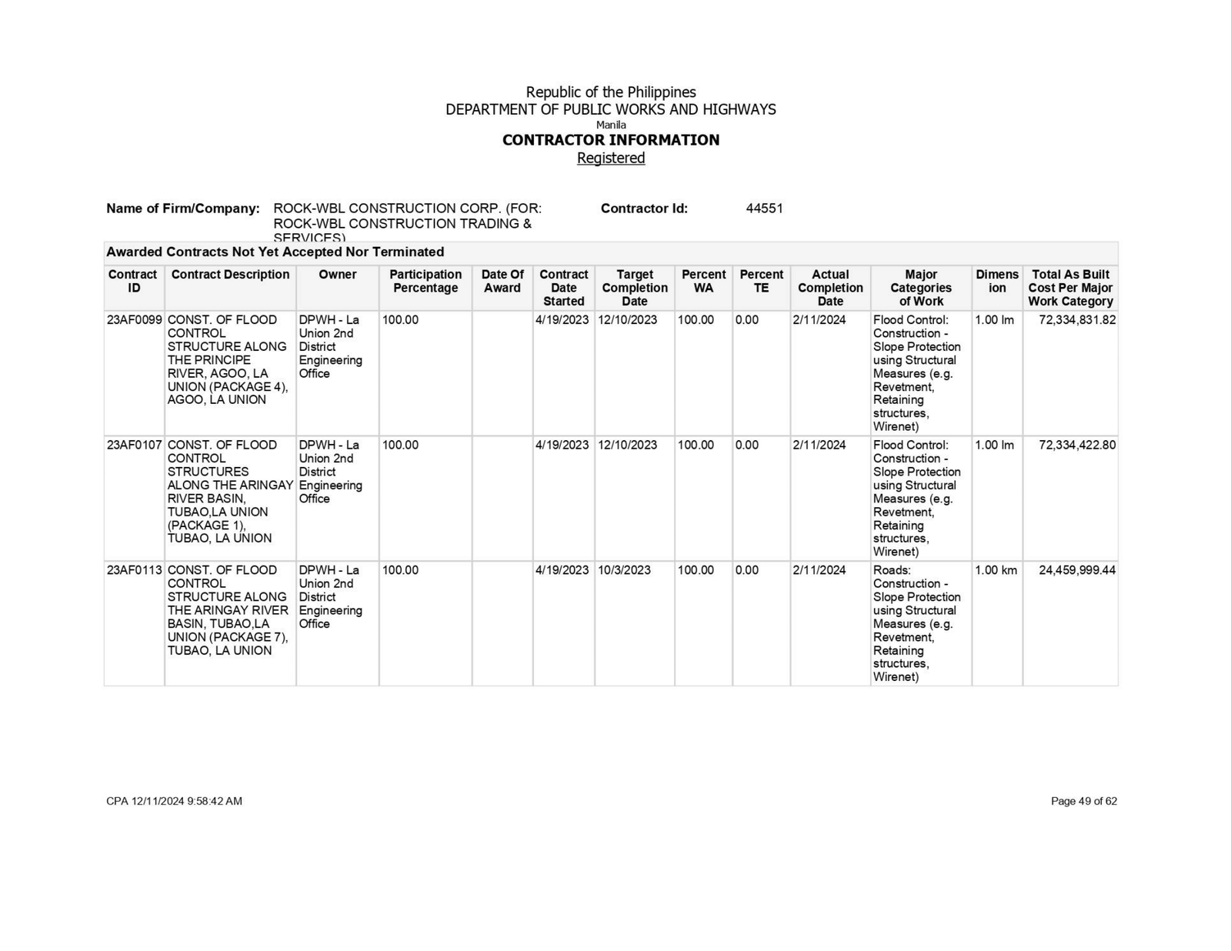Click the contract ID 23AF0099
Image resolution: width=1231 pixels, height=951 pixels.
coord(134,320)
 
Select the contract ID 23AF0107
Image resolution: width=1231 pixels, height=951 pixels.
coord(134,445)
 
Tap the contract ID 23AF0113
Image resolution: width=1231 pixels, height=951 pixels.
coord(134,570)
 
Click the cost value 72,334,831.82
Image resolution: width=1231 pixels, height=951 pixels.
coord(1076,320)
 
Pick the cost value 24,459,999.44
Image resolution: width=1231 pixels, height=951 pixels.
coord(1076,570)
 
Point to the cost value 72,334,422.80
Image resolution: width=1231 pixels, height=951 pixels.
coord(1076,445)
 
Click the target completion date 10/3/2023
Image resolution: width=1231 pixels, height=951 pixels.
coord(624,570)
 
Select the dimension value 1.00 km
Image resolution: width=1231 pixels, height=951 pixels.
coord(996,570)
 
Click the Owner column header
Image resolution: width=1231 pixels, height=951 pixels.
coord(337,275)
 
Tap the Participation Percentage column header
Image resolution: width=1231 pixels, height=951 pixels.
coord(425,281)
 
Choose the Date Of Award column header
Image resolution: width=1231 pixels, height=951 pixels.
coord(502,281)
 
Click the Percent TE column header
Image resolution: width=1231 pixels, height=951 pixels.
coord(761,281)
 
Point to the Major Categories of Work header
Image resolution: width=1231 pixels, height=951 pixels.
coord(921,288)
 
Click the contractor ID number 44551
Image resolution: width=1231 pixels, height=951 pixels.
coord(764,209)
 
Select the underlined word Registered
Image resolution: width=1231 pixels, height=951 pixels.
coord(611,158)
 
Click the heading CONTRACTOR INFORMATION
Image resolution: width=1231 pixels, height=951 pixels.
coord(611,140)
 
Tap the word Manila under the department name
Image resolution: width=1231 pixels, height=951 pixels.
coord(611,125)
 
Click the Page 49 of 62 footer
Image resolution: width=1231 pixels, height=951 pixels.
coord(1083,801)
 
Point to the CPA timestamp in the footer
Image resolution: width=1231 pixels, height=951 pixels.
coord(174,801)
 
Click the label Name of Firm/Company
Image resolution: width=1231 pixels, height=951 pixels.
coord(183,209)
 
